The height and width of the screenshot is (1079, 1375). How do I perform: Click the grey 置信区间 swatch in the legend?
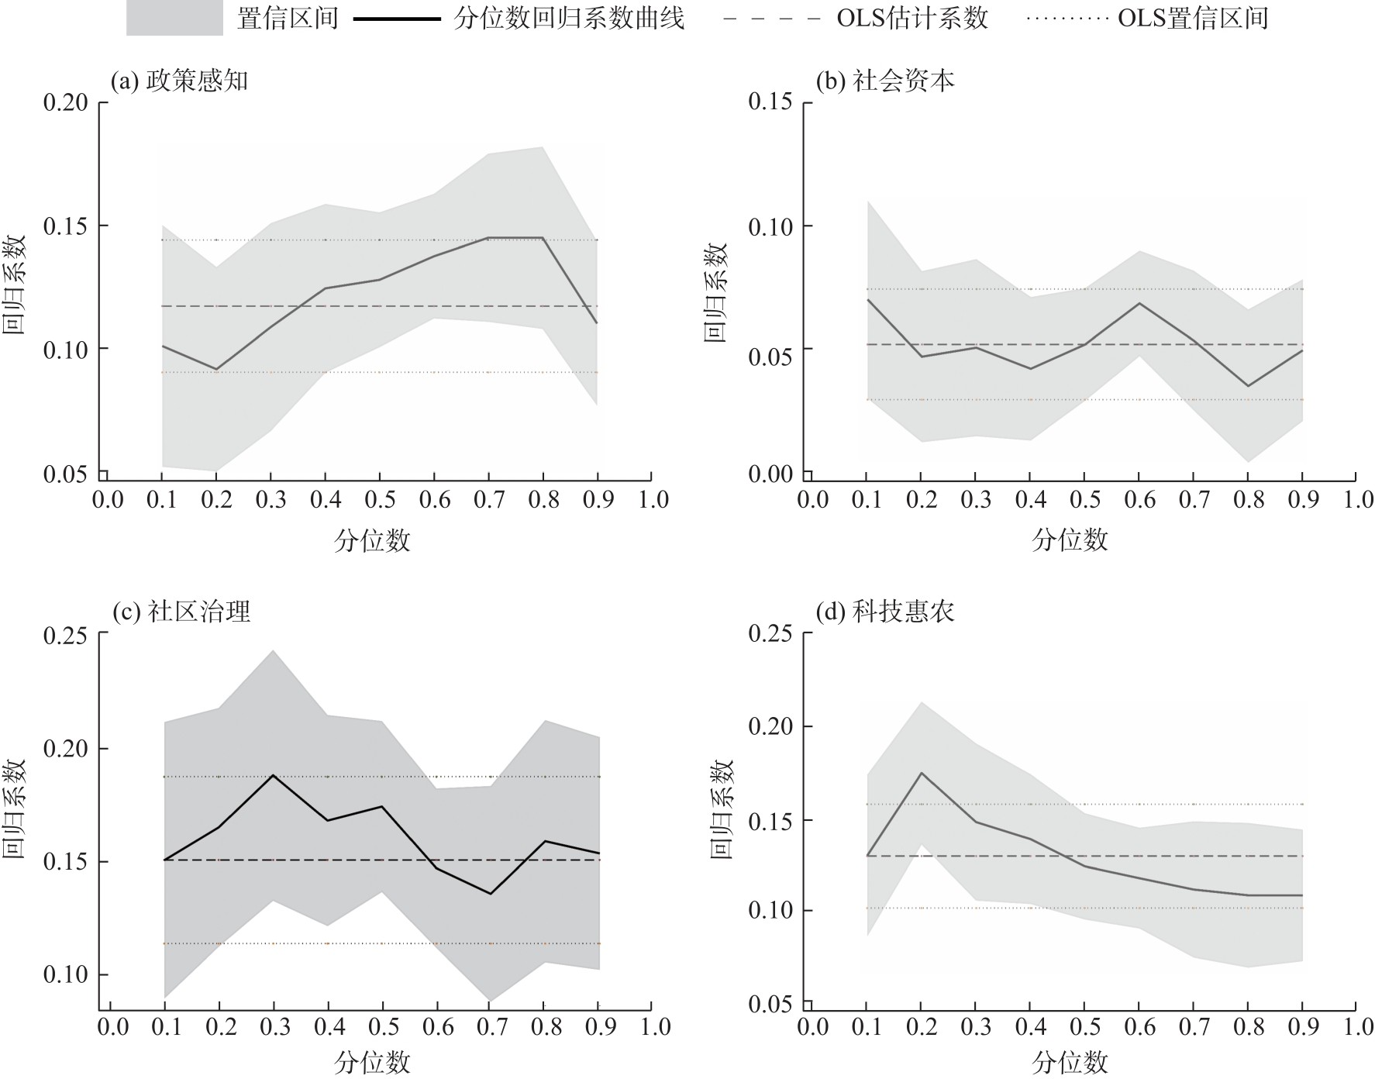tap(174, 18)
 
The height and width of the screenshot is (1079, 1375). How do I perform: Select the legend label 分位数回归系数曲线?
tap(570, 18)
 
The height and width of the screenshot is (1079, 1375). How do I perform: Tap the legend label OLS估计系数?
tap(912, 18)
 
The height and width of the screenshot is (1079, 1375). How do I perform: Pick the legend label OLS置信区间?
tap(1193, 18)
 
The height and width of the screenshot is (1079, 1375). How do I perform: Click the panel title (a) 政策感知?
tap(180, 81)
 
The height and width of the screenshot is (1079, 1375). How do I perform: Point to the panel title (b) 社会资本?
tap(885, 81)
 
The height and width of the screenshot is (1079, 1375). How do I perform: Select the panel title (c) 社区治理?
tap(181, 612)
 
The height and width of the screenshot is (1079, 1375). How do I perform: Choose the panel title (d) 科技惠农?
tap(885, 612)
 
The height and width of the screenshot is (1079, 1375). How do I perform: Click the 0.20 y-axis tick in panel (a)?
tap(65, 102)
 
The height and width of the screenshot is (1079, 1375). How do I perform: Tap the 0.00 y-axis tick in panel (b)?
tap(770, 474)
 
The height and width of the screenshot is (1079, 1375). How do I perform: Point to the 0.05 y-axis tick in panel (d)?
tap(770, 1005)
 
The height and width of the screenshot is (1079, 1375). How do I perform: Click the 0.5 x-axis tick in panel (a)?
tap(380, 500)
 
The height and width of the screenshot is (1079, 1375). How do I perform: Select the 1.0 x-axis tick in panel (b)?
tap(1357, 500)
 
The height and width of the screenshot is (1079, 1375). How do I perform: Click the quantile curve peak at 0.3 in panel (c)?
tap(274, 774)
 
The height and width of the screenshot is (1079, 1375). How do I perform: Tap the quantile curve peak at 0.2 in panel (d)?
tap(922, 773)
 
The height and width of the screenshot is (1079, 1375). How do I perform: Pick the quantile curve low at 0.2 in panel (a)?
tap(216, 369)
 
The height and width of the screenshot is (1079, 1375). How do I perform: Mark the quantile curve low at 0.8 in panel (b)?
tap(1248, 386)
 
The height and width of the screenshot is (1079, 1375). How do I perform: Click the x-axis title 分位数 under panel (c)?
tap(372, 1062)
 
